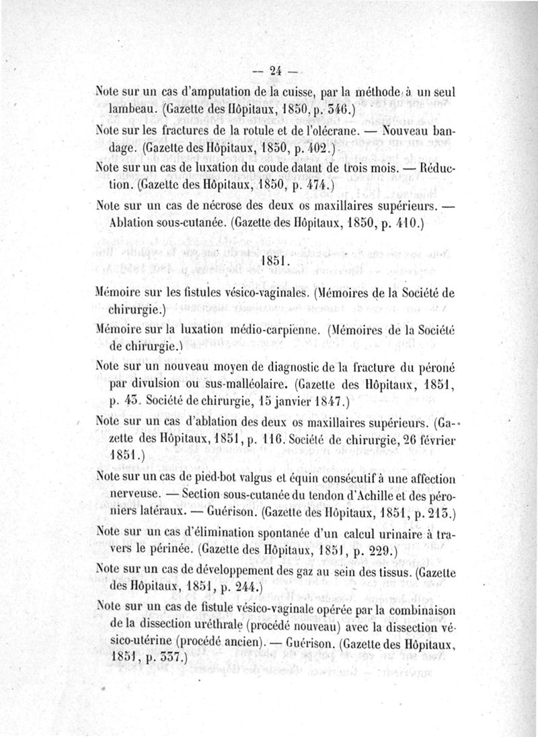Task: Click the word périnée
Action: [169, 550]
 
